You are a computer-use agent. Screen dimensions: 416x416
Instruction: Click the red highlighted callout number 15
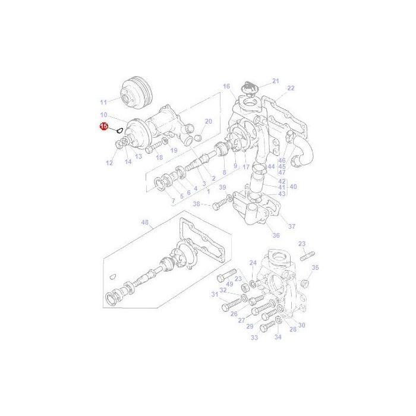tap(103, 127)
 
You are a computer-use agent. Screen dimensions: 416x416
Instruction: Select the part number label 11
tap(103, 102)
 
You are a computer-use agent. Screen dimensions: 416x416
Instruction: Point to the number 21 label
tap(275, 80)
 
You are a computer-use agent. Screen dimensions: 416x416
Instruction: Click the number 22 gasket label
tap(291, 88)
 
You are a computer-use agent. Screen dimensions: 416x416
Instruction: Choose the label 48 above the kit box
tap(144, 223)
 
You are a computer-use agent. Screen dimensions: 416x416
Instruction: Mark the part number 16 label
tap(226, 87)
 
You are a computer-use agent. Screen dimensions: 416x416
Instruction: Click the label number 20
tap(208, 121)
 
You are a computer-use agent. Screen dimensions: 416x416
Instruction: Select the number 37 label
tap(291, 226)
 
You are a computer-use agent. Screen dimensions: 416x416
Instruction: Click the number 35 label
tap(315, 267)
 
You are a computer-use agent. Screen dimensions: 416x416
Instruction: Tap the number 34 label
tap(278, 338)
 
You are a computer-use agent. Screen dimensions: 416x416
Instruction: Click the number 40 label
tap(293, 187)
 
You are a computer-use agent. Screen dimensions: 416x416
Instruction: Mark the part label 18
tap(159, 157)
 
